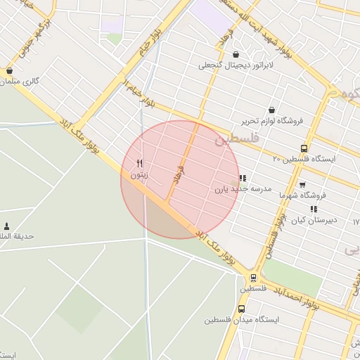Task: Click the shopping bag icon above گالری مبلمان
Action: [9, 71]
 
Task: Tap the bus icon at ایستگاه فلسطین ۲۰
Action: [304, 148]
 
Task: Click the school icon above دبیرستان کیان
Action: [314, 209]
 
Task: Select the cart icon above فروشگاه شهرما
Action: [302, 184]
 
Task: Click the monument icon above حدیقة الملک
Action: [7, 226]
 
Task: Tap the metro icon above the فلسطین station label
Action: [252, 278]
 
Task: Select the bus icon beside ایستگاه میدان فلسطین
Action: [242, 309]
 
